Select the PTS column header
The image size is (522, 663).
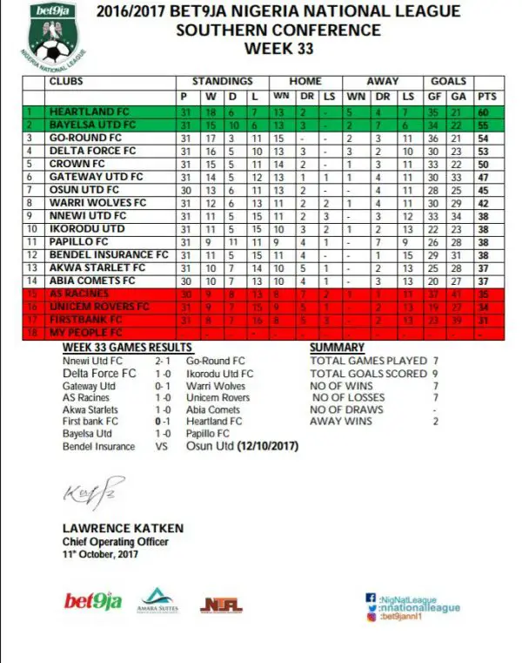click(487, 96)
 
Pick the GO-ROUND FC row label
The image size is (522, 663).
click(81, 138)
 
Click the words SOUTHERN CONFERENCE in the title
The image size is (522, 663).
click(278, 30)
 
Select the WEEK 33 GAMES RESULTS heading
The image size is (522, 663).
click(126, 348)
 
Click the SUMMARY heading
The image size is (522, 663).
click(337, 348)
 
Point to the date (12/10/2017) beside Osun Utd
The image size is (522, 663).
click(264, 446)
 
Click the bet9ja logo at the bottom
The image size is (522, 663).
click(92, 601)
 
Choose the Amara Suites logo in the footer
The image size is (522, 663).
click(155, 599)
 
